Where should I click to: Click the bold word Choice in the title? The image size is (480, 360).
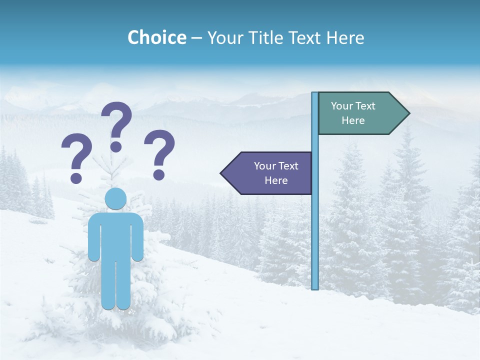coord(156,37)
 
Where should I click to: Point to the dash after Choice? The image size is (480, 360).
coord(196,38)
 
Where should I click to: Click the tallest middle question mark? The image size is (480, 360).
coord(116,125)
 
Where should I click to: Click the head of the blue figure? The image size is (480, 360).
coord(115,199)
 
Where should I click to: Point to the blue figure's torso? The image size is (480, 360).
coord(115,235)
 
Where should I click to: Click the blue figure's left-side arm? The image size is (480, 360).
coord(93,237)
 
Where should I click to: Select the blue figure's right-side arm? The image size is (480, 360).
coord(138,237)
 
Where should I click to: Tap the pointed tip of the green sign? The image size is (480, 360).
coord(407,113)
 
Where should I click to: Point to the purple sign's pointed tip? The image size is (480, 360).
coord(223,173)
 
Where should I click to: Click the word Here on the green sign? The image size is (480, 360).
coord(353,120)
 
